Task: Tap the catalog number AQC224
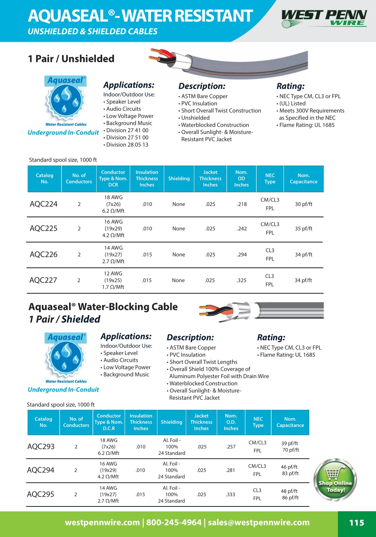pyautogui.click(x=44, y=204)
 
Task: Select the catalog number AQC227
pyautogui.click(x=43, y=280)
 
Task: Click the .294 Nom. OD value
pyautogui.click(x=242, y=255)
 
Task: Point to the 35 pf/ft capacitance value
pyautogui.click(x=303, y=229)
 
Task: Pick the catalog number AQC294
pyautogui.click(x=41, y=470)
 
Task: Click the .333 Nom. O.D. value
pyautogui.click(x=231, y=494)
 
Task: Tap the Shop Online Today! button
pyautogui.click(x=335, y=480)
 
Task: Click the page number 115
pyautogui.click(x=356, y=523)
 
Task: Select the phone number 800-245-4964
pyautogui.click(x=174, y=522)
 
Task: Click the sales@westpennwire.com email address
pyautogui.click(x=258, y=522)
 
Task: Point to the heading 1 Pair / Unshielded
pyautogui.click(x=71, y=59)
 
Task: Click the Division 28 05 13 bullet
pyautogui.click(x=127, y=145)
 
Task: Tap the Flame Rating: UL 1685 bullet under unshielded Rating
pyautogui.click(x=307, y=125)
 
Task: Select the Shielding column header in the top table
pyautogui.click(x=179, y=179)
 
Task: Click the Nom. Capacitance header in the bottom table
pyautogui.click(x=290, y=422)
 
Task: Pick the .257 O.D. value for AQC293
pyautogui.click(x=231, y=447)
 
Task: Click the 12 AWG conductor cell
pyautogui.click(x=113, y=274)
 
